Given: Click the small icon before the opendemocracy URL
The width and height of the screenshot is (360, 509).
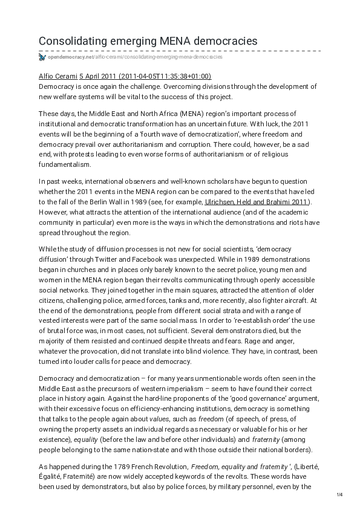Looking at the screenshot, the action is (x=42, y=57).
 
